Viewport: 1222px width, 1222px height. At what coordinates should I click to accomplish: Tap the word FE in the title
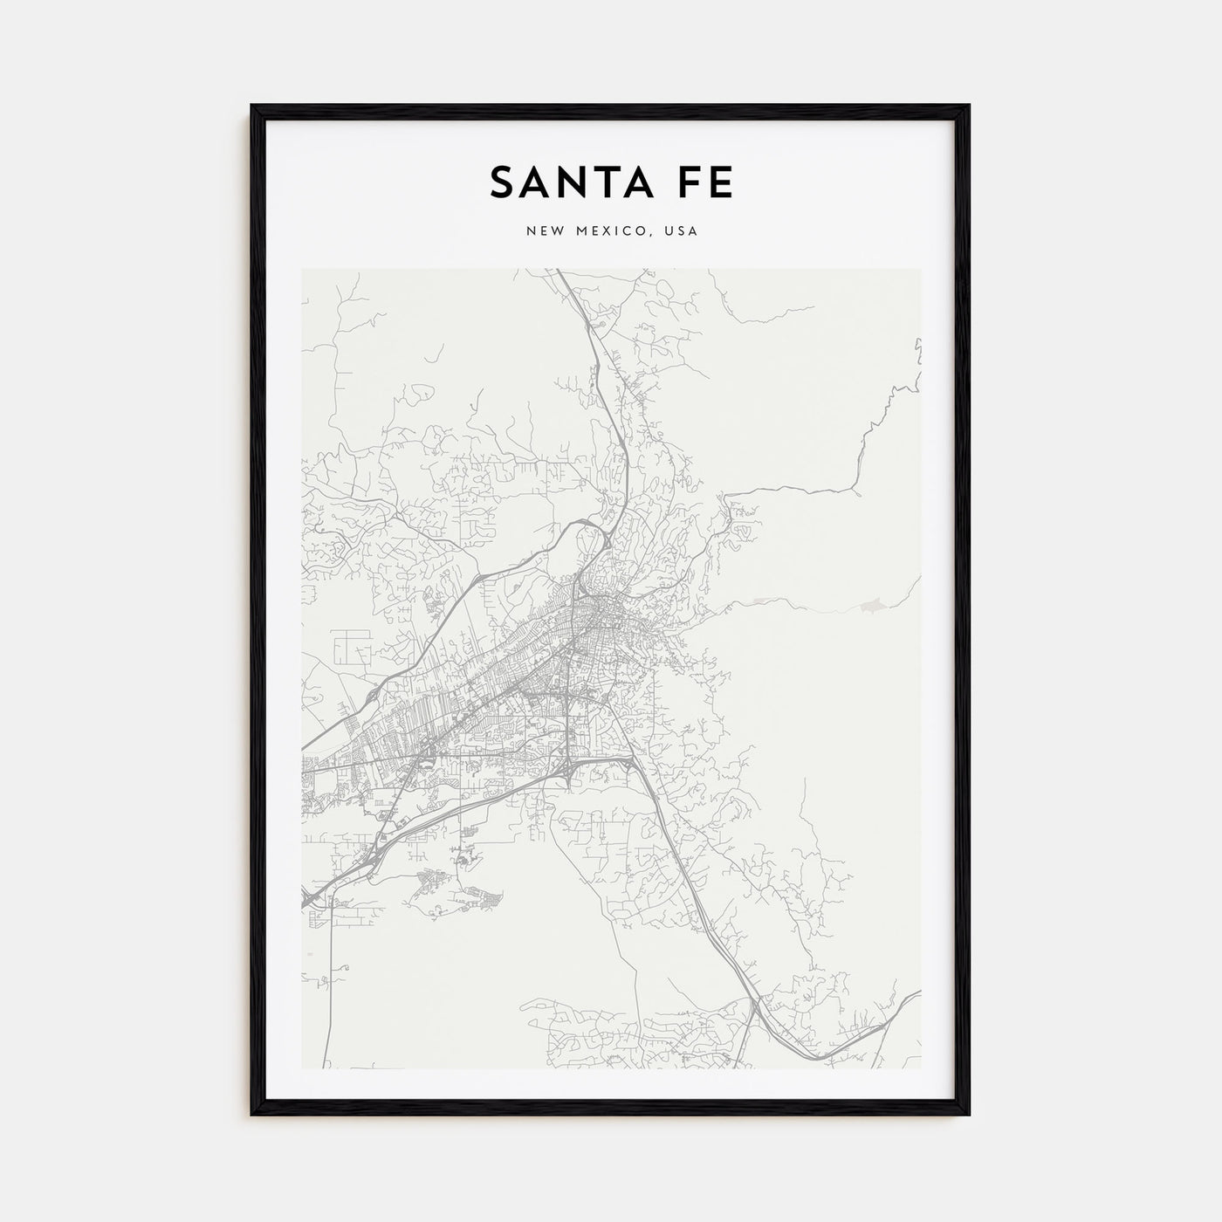click(704, 182)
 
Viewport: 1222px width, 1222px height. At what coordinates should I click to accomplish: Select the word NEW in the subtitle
click(543, 231)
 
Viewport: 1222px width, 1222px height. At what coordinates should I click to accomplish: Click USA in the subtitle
click(681, 231)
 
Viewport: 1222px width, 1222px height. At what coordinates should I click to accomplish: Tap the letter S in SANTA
click(501, 182)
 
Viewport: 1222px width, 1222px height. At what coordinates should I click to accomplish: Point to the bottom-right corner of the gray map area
click(920, 1068)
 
